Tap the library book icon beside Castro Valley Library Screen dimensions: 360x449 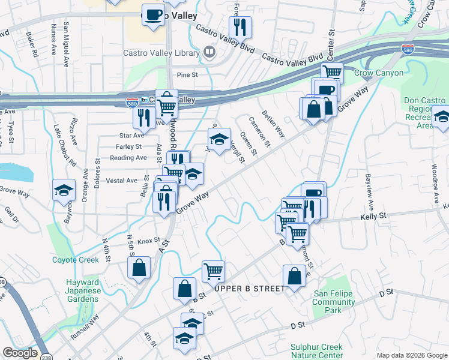(209, 53)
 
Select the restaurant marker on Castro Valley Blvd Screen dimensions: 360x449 (240, 27)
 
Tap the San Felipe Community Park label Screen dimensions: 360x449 (334, 302)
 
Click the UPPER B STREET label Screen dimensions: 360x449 (249, 289)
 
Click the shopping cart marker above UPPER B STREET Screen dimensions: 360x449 (213, 271)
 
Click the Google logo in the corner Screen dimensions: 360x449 (20, 353)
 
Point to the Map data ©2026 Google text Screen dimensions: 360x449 (412, 355)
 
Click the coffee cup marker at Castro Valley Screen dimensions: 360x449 (153, 14)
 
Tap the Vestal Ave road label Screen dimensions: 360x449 (121, 180)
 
